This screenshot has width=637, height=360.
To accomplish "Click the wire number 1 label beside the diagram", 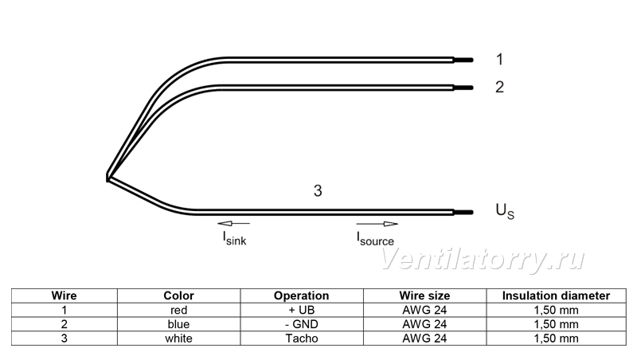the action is click(500, 59).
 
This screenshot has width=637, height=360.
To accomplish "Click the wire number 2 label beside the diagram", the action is click(500, 87).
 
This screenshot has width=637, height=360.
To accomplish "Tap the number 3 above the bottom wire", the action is click(318, 190).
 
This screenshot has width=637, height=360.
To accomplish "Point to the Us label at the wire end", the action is click(505, 211).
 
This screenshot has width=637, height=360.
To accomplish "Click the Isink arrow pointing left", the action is click(233, 223).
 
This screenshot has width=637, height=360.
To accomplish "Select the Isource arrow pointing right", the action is click(377, 224).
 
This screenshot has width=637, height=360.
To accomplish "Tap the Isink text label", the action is click(234, 238).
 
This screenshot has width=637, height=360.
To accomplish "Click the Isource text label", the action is click(375, 238).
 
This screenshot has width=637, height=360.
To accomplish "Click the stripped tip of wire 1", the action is click(463, 61).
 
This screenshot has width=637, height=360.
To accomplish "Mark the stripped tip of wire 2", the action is click(463, 88).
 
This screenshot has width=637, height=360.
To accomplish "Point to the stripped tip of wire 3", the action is click(463, 212).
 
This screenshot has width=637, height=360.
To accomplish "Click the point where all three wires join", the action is click(108, 178).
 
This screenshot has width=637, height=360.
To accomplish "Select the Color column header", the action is click(178, 295).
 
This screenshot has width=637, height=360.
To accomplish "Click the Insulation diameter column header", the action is click(556, 295).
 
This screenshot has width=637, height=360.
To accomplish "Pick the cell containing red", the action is click(178, 310).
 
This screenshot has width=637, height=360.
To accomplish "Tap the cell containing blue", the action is click(178, 324).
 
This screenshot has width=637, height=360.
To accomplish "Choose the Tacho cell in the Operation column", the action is click(302, 338).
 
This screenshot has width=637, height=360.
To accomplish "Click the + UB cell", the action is click(302, 310).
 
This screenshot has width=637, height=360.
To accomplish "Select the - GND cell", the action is click(302, 324).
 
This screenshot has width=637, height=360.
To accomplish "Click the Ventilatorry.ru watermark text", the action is click(483, 260).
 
